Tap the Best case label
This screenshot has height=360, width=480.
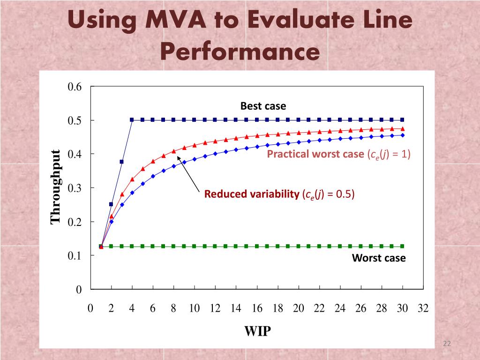pyautogui.click(x=263, y=106)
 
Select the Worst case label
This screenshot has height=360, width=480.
pyautogui.click(x=379, y=258)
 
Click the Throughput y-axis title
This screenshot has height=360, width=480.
pyautogui.click(x=56, y=187)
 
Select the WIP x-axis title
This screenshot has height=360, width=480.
pyautogui.click(x=257, y=331)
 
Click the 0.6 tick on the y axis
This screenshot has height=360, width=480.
pyautogui.click(x=75, y=87)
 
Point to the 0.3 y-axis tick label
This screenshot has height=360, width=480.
pyautogui.click(x=75, y=188)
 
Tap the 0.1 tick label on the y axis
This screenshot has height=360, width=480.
pyautogui.click(x=75, y=255)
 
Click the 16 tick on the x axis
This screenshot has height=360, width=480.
pyautogui.click(x=257, y=308)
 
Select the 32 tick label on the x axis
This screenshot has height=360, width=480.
pyautogui.click(x=423, y=308)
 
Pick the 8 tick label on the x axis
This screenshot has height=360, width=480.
pyautogui.click(x=173, y=308)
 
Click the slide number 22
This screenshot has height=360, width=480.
pyautogui.click(x=446, y=345)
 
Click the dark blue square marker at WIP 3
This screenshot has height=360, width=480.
pyautogui.click(x=122, y=162)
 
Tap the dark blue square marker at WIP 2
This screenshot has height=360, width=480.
pyautogui.click(x=111, y=204)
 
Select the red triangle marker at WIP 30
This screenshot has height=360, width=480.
pyautogui.click(x=402, y=128)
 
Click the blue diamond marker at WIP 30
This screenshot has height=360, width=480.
pyautogui.click(x=402, y=135)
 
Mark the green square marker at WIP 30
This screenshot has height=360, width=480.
pyautogui.click(x=402, y=246)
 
